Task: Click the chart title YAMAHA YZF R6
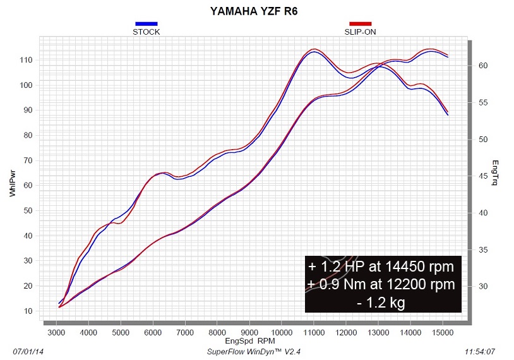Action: point(256,11)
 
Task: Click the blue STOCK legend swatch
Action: point(146,24)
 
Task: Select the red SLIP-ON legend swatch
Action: point(361,24)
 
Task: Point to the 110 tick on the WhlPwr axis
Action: point(27,60)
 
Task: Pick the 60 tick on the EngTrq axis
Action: point(482,66)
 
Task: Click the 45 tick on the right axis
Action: point(482,176)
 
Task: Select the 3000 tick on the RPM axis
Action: point(56,331)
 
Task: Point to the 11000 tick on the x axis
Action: point(313,331)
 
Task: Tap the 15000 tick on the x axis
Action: point(442,331)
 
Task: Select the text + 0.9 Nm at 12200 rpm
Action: point(381,285)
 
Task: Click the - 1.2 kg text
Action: point(381,303)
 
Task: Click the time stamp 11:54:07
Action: point(480,350)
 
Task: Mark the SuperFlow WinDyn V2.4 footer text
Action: point(251,350)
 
